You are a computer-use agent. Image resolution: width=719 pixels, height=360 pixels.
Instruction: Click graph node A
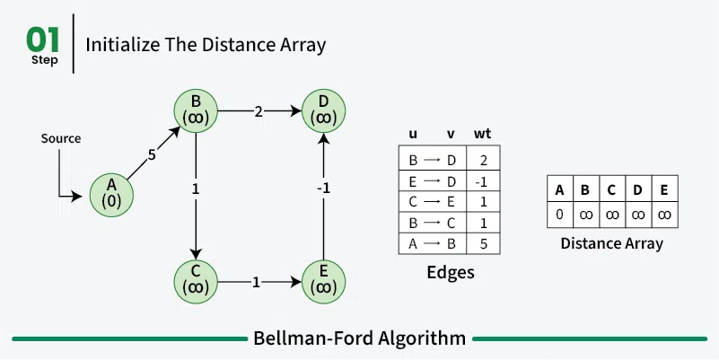coord(112,192)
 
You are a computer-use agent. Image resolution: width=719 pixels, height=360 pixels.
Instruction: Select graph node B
coord(196,109)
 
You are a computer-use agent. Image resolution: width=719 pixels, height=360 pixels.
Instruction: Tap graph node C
coord(196,279)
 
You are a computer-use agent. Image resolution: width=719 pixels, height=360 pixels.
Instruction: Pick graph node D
coord(325,109)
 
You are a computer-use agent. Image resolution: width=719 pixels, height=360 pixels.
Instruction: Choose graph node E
coord(325,279)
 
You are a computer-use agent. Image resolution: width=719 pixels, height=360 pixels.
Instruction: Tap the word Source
coord(61,139)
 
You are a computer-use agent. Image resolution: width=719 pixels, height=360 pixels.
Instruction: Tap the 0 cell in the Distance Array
coord(560,215)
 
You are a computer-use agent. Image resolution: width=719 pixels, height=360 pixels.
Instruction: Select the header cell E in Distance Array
coord(664,189)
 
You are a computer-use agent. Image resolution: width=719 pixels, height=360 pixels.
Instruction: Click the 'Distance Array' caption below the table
coord(611,243)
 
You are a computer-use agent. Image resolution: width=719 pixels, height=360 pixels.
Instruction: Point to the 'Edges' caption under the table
coord(449,272)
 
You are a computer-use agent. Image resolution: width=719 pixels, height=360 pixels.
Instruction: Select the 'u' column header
coord(413,135)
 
